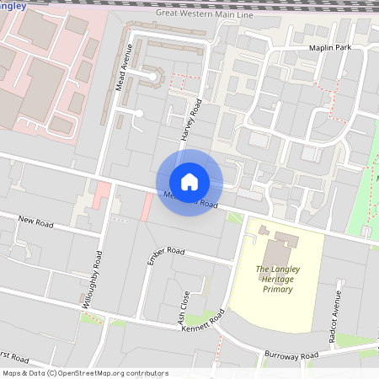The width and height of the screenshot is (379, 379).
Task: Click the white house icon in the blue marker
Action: click(x=189, y=182)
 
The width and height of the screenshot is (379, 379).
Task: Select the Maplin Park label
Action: click(x=329, y=48)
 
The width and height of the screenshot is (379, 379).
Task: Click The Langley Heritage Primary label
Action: click(x=275, y=279)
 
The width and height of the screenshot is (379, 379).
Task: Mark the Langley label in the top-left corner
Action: click(x=13, y=7)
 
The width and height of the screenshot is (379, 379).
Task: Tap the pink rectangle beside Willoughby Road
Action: click(x=102, y=196)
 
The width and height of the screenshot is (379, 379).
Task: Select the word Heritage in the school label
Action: click(x=275, y=279)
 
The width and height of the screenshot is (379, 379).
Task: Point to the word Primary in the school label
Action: click(x=276, y=289)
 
